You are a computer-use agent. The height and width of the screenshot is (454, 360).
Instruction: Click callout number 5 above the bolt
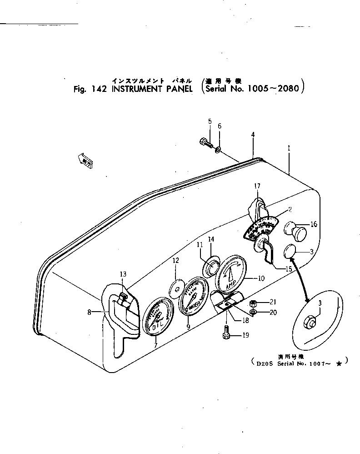pos(210,121)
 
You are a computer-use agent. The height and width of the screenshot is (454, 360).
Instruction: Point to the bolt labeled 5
pos(206,142)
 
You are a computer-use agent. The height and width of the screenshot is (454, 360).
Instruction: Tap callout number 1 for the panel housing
pos(289,148)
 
